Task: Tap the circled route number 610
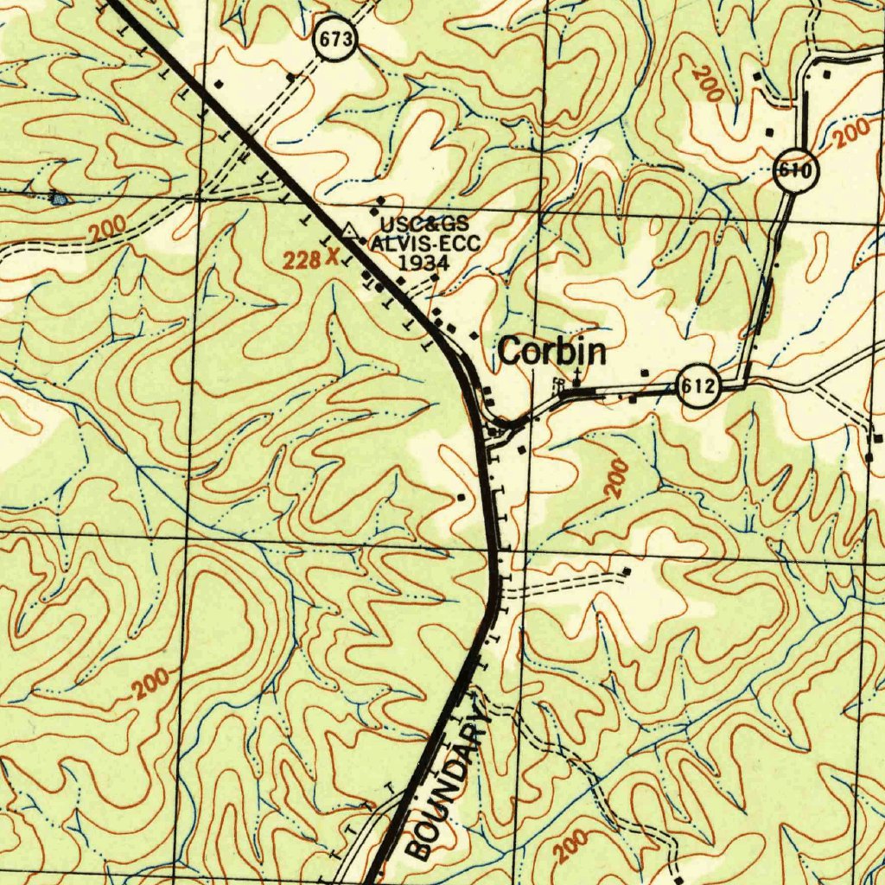coord(793,170)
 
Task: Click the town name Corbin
coord(551,353)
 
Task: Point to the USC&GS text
coord(425,225)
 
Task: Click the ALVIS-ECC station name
coord(424,243)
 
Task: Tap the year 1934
coord(423,261)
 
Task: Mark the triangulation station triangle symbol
coord(348,230)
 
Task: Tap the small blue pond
coord(59,198)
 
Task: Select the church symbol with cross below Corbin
coord(576,378)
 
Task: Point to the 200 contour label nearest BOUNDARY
coord(572,846)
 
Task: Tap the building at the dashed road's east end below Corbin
coord(627,572)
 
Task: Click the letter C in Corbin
coord(509,353)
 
